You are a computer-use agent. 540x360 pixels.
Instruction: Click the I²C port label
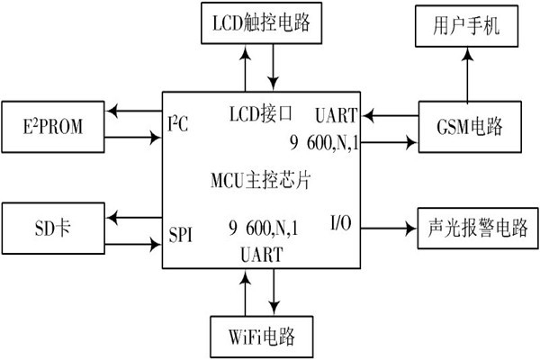[x=179, y=121]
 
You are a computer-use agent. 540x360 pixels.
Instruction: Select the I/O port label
[x=342, y=221]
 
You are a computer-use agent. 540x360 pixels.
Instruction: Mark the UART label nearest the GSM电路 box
[x=337, y=115]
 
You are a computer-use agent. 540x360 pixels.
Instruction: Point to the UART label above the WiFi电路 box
[x=262, y=255]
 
